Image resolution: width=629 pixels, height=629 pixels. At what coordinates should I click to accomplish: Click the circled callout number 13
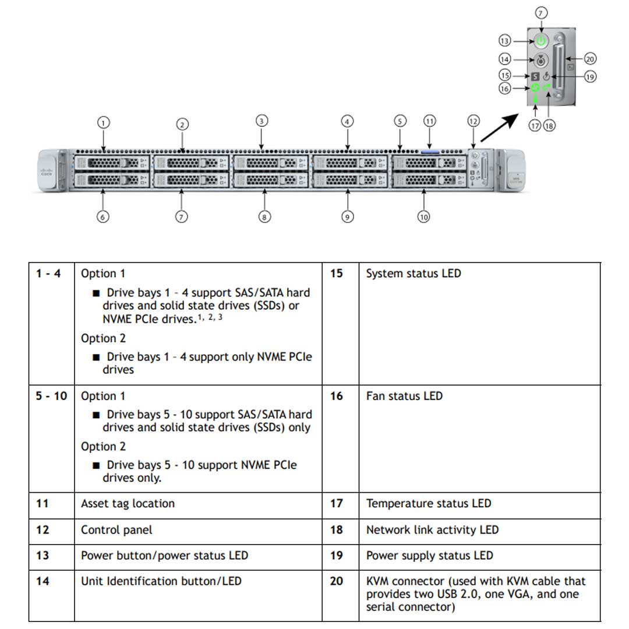coord(505,41)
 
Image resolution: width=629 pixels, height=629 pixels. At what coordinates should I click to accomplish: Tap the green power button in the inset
coord(541,41)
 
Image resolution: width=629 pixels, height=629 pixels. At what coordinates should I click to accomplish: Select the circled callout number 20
coord(590,59)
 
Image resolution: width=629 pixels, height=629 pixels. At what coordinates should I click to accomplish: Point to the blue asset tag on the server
coord(429,151)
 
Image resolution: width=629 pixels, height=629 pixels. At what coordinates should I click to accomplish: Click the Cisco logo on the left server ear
coord(46,172)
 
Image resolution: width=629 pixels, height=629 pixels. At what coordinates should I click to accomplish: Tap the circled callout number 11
coord(429,121)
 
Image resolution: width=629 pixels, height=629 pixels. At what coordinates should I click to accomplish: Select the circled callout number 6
coord(103,217)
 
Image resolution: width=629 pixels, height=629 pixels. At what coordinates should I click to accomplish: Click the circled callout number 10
coord(423,217)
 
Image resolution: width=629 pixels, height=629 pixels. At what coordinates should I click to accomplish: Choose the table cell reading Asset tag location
coord(128,504)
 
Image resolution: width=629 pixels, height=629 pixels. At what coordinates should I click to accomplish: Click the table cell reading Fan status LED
coord(404,396)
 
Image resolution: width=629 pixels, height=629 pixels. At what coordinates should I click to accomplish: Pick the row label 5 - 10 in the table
coord(51,396)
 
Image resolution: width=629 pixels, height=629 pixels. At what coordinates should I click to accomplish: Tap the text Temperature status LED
coord(428,504)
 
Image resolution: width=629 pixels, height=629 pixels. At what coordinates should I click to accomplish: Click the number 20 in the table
coord(337,581)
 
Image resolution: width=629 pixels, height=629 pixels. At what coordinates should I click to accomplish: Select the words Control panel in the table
coord(116,530)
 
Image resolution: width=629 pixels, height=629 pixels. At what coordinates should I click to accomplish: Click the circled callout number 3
coord(262,121)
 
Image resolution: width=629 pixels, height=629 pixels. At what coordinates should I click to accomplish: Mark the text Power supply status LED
coord(429,556)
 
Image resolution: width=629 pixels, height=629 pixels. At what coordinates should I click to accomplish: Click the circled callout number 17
coord(535,125)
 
